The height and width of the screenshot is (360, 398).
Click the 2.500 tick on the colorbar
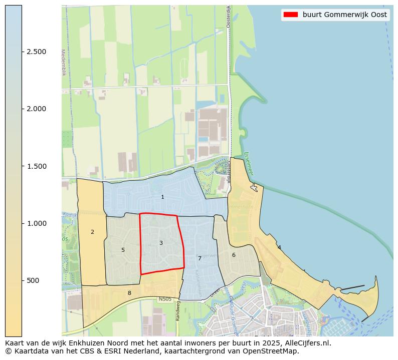(x=36, y=52)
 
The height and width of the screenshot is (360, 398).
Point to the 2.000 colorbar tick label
(x=36, y=109)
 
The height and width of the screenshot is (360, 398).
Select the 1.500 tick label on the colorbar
(x=36, y=166)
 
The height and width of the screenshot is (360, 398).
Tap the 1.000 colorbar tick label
(x=36, y=223)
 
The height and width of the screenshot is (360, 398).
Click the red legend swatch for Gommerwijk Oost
(x=290, y=15)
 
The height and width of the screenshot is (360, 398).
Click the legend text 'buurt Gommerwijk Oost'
(x=344, y=15)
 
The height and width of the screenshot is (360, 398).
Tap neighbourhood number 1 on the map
(x=162, y=197)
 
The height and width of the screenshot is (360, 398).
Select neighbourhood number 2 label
(x=92, y=232)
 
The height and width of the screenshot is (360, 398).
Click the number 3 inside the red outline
(x=161, y=243)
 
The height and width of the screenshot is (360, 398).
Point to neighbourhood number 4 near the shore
(x=279, y=247)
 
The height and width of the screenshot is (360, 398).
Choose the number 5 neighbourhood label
(x=123, y=250)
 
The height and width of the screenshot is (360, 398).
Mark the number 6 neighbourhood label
(x=234, y=255)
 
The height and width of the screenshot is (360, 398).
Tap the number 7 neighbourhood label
(x=200, y=258)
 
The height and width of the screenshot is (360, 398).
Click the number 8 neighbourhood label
(x=129, y=293)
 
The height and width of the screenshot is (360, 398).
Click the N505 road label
(x=165, y=299)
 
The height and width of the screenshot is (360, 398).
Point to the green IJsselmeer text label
(x=249, y=164)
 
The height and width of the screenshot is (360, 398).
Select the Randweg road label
(x=177, y=313)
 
